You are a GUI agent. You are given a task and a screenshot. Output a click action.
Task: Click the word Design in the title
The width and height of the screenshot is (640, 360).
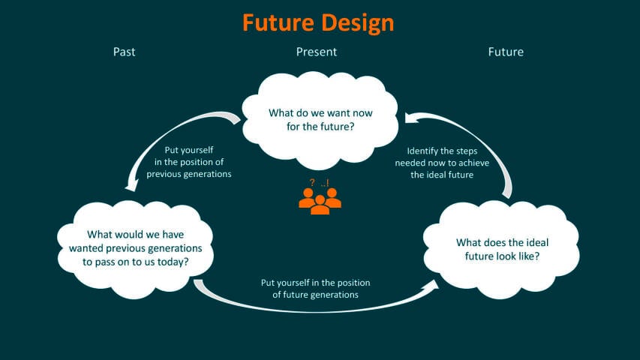tap(357, 22)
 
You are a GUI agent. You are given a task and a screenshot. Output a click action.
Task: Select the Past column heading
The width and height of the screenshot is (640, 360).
tap(124, 52)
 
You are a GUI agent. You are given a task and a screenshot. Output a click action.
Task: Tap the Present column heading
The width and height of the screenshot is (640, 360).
tap(316, 52)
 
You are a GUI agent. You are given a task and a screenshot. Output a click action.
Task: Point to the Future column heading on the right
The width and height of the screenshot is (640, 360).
tap(506, 52)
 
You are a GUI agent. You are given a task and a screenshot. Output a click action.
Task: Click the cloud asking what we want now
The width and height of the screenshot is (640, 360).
tap(320, 120)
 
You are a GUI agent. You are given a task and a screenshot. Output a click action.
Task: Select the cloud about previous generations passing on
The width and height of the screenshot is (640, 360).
tap(135, 241)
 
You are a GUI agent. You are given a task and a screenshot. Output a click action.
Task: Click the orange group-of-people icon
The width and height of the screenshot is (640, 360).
tap(320, 200)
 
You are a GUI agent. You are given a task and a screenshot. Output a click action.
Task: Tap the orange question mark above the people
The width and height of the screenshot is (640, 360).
tap(311, 183)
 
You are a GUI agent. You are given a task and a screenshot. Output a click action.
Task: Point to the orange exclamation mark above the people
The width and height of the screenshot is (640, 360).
tap(327, 183)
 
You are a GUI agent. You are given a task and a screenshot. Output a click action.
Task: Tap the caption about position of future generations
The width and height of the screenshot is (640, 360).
tap(315, 289)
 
